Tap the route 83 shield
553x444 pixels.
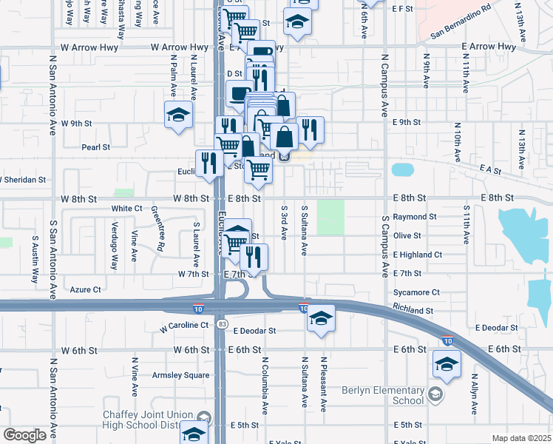click(223, 324)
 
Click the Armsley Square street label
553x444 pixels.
click(180, 375)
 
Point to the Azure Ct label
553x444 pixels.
click(86, 289)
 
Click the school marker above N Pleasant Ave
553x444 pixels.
click(321, 319)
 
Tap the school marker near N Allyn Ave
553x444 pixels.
click(447, 365)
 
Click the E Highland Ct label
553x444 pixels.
click(418, 255)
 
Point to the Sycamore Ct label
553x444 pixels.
click(417, 292)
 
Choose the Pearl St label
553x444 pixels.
click(95, 147)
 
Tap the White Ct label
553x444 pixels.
click(126, 209)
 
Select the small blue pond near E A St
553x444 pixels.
click(403, 169)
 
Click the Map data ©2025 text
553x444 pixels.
click(521, 438)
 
